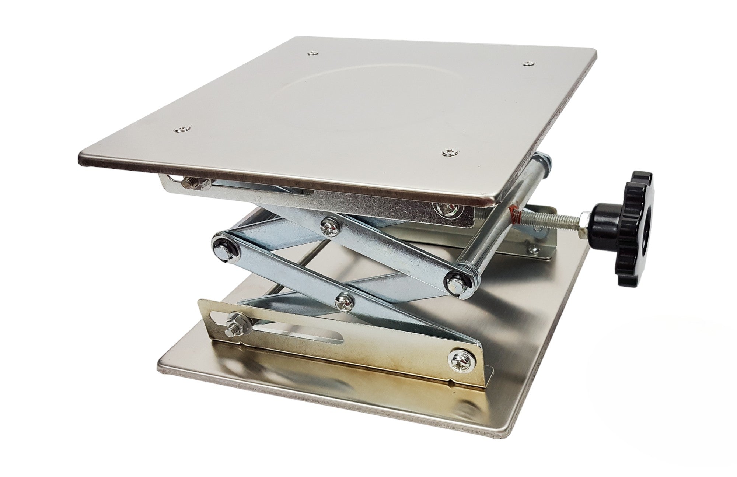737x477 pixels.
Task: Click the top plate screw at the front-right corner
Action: [449, 151]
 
